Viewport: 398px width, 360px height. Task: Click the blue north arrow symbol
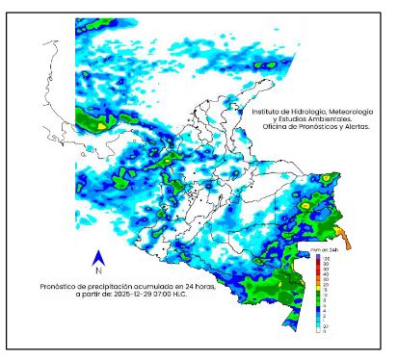click(98, 257)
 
